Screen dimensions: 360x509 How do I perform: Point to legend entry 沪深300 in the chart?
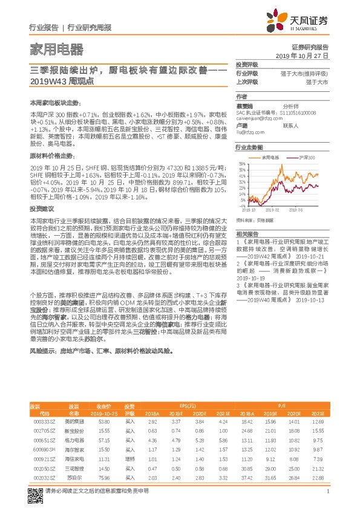[x=308, y=157]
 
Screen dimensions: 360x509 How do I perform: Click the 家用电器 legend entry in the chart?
[x=269, y=157]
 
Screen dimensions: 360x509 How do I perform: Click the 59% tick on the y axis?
[x=242, y=164]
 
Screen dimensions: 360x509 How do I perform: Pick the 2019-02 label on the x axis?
[x=278, y=210]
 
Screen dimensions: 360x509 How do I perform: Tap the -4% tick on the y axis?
[x=242, y=206]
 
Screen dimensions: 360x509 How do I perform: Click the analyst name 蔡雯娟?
[x=244, y=105]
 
